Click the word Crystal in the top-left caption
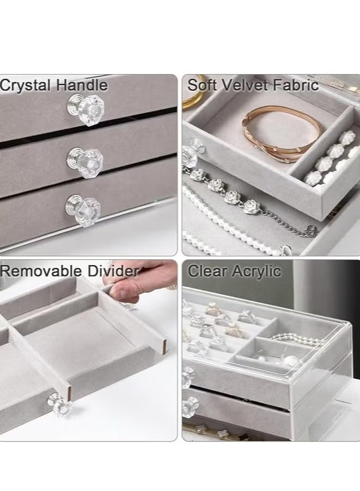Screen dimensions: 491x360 pos(26,85)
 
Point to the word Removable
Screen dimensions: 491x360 pos(41,271)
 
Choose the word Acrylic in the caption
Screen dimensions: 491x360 pos(258,271)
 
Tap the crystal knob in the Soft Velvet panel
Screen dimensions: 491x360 pos(190,155)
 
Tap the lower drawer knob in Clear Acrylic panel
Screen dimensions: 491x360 pos(189,406)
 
